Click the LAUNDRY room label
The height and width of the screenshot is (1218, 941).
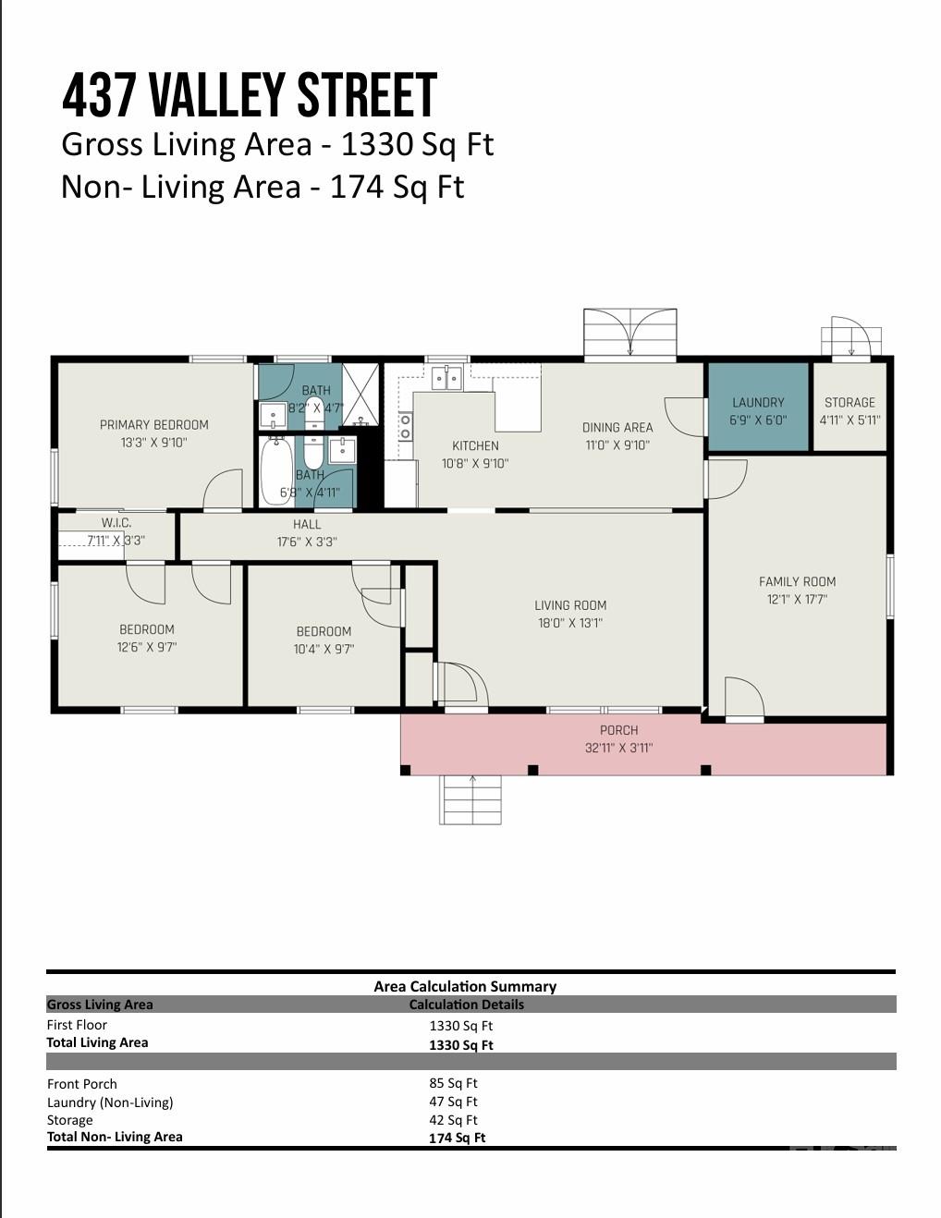(x=758, y=402)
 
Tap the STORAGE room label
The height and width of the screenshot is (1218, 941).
(x=849, y=402)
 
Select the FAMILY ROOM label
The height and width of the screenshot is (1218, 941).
(x=797, y=582)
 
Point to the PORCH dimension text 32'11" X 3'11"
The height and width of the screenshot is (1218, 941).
(x=618, y=748)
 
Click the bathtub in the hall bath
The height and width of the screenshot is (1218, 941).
(x=277, y=470)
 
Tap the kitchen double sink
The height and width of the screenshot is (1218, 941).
(x=446, y=377)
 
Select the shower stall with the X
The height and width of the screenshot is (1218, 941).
(x=361, y=395)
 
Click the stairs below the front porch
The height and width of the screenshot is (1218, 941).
(x=470, y=800)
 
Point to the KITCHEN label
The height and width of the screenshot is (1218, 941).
(x=475, y=445)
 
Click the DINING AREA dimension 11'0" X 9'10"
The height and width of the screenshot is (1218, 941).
(x=617, y=445)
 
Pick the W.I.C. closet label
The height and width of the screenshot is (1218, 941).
(x=116, y=523)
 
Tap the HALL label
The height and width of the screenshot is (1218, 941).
(x=307, y=524)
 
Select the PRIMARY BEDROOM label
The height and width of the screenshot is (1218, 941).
(x=154, y=425)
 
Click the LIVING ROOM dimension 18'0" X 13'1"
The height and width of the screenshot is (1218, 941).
(x=570, y=623)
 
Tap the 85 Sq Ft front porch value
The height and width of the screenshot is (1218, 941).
(x=454, y=1083)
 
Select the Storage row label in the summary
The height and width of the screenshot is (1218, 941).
(x=70, y=1120)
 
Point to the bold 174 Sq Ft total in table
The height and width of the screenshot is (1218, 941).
(x=458, y=1138)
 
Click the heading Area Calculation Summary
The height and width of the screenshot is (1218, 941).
(x=465, y=987)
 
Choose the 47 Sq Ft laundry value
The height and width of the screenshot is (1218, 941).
(x=454, y=1102)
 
